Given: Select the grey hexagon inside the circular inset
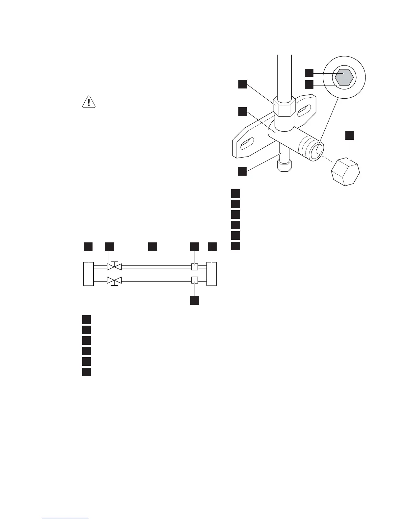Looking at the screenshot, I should coord(344,77).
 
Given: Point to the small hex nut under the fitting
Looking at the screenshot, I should coord(284,165).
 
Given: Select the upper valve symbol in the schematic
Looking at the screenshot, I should coord(114,266).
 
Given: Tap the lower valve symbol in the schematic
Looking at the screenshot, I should coord(114,281).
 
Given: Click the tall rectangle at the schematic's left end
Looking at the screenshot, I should coord(89,274).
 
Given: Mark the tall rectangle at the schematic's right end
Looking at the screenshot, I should coord(211,274).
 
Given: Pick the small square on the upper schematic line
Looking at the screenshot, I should coord(195,267).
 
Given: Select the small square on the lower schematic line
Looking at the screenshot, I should coord(195,280).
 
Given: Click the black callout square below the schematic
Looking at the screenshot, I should coord(195,300).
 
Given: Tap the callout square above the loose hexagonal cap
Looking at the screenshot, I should coord(350,135).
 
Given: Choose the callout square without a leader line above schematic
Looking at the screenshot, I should coord(152,247).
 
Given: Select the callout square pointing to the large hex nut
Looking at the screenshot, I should coord(243,84).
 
